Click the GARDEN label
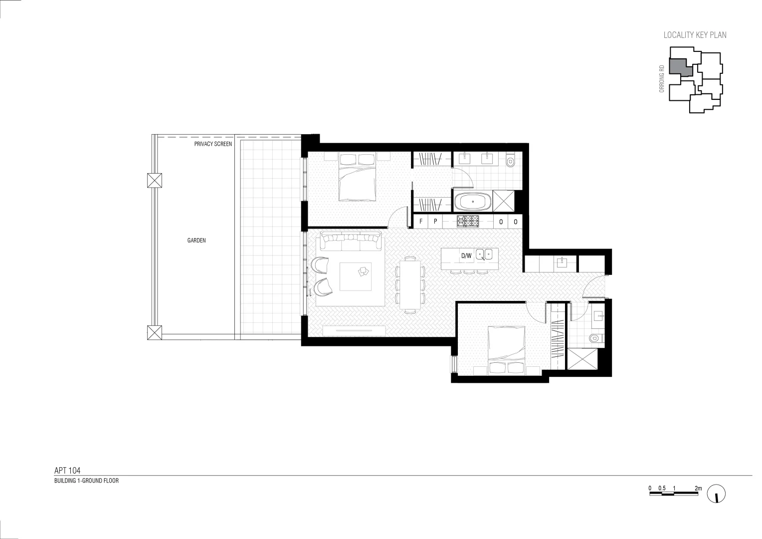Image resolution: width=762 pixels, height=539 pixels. pyautogui.click(x=196, y=241)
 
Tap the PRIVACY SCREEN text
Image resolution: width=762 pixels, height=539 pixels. pyautogui.click(x=213, y=144)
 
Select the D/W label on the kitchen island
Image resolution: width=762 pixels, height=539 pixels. pyautogui.click(x=466, y=256)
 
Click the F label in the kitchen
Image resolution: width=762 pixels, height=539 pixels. pyautogui.click(x=421, y=222)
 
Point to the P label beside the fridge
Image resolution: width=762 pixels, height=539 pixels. pyautogui.click(x=435, y=222)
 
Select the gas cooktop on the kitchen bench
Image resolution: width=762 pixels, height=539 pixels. pyautogui.click(x=468, y=221)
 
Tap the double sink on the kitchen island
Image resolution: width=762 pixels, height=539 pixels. pyautogui.click(x=484, y=255)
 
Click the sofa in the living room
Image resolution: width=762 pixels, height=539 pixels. pyautogui.click(x=350, y=243)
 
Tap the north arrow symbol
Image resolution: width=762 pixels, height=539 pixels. pyautogui.click(x=716, y=494)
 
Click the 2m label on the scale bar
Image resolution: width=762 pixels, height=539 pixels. pyautogui.click(x=698, y=488)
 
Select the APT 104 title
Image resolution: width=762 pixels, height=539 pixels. pyautogui.click(x=67, y=470)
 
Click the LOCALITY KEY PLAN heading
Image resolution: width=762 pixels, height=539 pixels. pyautogui.click(x=695, y=35)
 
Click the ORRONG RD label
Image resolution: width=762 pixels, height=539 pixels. pyautogui.click(x=662, y=79)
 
